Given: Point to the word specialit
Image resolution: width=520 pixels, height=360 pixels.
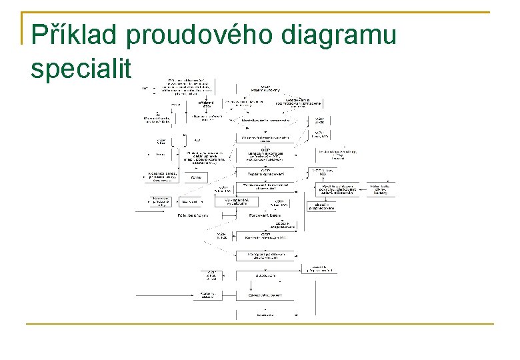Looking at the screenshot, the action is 82,69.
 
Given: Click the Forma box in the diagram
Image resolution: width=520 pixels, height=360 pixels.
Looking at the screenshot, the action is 196,177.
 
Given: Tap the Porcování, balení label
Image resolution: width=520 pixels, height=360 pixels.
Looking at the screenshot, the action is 265,215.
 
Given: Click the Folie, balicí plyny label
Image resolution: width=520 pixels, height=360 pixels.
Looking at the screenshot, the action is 193,215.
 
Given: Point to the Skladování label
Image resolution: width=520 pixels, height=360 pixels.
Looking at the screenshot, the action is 265,273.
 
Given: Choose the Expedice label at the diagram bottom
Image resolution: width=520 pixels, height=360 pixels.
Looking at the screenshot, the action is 265,313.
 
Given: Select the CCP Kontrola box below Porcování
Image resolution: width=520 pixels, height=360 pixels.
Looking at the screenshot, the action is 265,237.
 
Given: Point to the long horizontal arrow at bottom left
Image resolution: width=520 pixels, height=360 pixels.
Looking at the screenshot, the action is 164,294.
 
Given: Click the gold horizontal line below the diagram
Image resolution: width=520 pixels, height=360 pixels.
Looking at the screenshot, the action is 260,324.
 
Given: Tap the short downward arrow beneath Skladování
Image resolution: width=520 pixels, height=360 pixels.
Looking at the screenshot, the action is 265,282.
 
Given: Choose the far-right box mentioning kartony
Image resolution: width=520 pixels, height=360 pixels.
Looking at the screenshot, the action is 380,190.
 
